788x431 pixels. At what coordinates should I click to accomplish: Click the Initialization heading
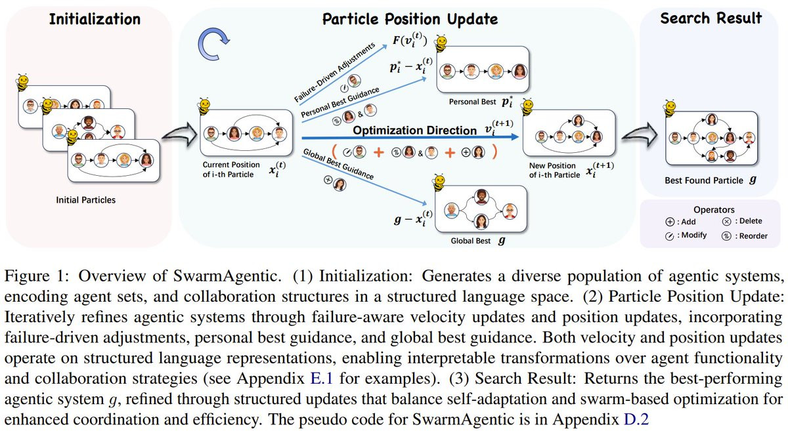(95, 19)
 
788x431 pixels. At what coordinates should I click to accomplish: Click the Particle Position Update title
(410, 19)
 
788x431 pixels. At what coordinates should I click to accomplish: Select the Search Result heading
(711, 18)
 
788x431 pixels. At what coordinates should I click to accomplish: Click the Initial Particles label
(86, 200)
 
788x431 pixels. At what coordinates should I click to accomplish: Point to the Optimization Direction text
(414, 131)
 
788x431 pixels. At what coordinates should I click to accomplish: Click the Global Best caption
(470, 241)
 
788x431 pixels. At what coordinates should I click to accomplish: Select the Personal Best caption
(472, 102)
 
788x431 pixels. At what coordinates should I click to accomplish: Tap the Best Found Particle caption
(704, 180)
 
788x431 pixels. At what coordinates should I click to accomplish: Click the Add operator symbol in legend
(670, 222)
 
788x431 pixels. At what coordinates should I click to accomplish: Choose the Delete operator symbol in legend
(726, 222)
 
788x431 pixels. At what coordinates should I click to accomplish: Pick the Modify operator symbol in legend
(669, 236)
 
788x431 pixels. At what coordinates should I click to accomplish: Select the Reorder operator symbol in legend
(726, 236)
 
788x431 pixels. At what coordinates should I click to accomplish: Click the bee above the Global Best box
(439, 182)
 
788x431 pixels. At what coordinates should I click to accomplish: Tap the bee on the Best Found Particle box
(670, 109)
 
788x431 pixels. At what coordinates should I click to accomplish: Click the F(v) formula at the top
(410, 41)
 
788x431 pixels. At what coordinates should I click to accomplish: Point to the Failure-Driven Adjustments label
(334, 72)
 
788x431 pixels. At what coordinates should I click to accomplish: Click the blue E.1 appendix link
(322, 379)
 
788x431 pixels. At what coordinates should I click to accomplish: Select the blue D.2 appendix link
(636, 419)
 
